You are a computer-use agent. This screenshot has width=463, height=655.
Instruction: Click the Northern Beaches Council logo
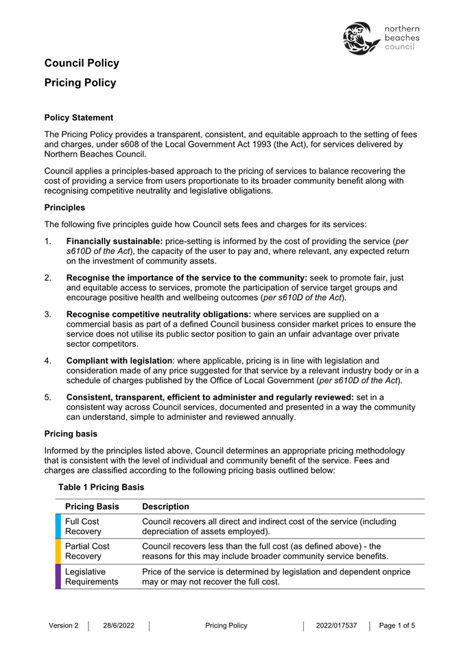pyautogui.click(x=381, y=38)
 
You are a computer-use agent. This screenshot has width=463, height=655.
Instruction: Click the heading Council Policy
pyautogui.click(x=82, y=63)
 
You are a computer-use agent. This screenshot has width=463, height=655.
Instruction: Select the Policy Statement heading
pyautogui.click(x=79, y=118)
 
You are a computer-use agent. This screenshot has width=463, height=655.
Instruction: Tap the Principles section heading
pyautogui.click(x=66, y=206)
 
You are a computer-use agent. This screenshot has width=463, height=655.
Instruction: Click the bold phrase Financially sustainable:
pyautogui.click(x=114, y=242)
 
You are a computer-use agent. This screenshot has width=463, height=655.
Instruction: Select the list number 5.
pyautogui.click(x=48, y=396)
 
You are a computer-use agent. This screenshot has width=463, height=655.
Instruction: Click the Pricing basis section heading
pyautogui.click(x=71, y=433)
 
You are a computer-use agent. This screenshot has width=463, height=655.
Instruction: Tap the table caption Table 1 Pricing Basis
pyautogui.click(x=102, y=486)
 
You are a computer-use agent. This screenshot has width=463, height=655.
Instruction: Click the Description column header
pyautogui.click(x=165, y=507)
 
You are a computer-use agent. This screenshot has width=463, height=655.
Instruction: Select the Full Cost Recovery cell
pyautogui.click(x=83, y=526)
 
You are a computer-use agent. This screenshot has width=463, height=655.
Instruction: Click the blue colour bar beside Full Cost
pyautogui.click(x=58, y=526)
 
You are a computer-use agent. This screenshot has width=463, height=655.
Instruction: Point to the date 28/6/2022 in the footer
pyautogui.click(x=119, y=626)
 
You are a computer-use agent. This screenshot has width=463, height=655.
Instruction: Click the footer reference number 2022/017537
pyautogui.click(x=337, y=626)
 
